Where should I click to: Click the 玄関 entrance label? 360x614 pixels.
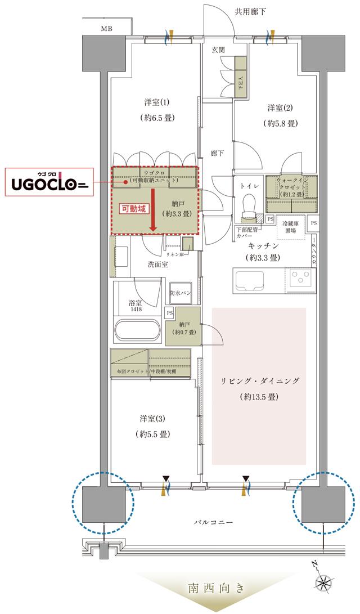pyautogui.click(x=218, y=50)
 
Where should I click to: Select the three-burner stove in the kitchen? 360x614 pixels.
pyautogui.click(x=302, y=278)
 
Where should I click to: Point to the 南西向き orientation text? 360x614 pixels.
pyautogui.click(x=216, y=589)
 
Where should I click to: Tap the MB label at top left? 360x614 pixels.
pyautogui.click(x=106, y=28)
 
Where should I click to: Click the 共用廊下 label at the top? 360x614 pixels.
pyautogui.click(x=250, y=11)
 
